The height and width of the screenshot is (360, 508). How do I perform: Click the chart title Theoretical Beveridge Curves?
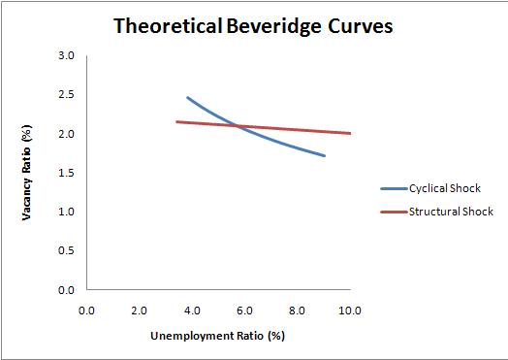253,26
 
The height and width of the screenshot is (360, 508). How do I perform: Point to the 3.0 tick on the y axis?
67,56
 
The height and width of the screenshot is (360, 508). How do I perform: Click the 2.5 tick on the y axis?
67,95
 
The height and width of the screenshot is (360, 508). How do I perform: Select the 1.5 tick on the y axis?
67,173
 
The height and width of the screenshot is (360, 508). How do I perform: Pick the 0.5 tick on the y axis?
67,250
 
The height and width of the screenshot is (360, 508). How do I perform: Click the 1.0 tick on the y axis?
67,212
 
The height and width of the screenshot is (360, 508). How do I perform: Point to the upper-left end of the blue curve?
187,97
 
